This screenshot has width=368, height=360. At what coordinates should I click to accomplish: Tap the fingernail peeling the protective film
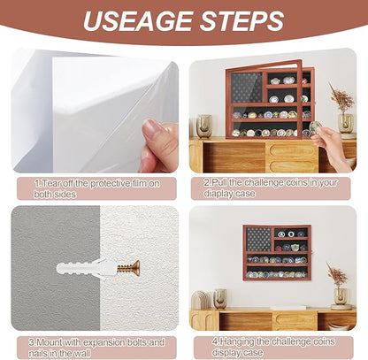click(x=152, y=127)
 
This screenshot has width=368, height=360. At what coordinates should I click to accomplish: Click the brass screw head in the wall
click(x=135, y=268)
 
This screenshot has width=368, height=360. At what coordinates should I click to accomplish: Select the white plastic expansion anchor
click(x=85, y=268)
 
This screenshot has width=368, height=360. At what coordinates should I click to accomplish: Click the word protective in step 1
click(x=110, y=183)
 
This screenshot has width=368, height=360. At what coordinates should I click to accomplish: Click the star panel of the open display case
click(x=247, y=88)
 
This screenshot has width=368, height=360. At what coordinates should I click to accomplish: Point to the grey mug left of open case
click(x=204, y=126)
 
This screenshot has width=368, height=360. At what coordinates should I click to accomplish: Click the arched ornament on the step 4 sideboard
click(x=201, y=300)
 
